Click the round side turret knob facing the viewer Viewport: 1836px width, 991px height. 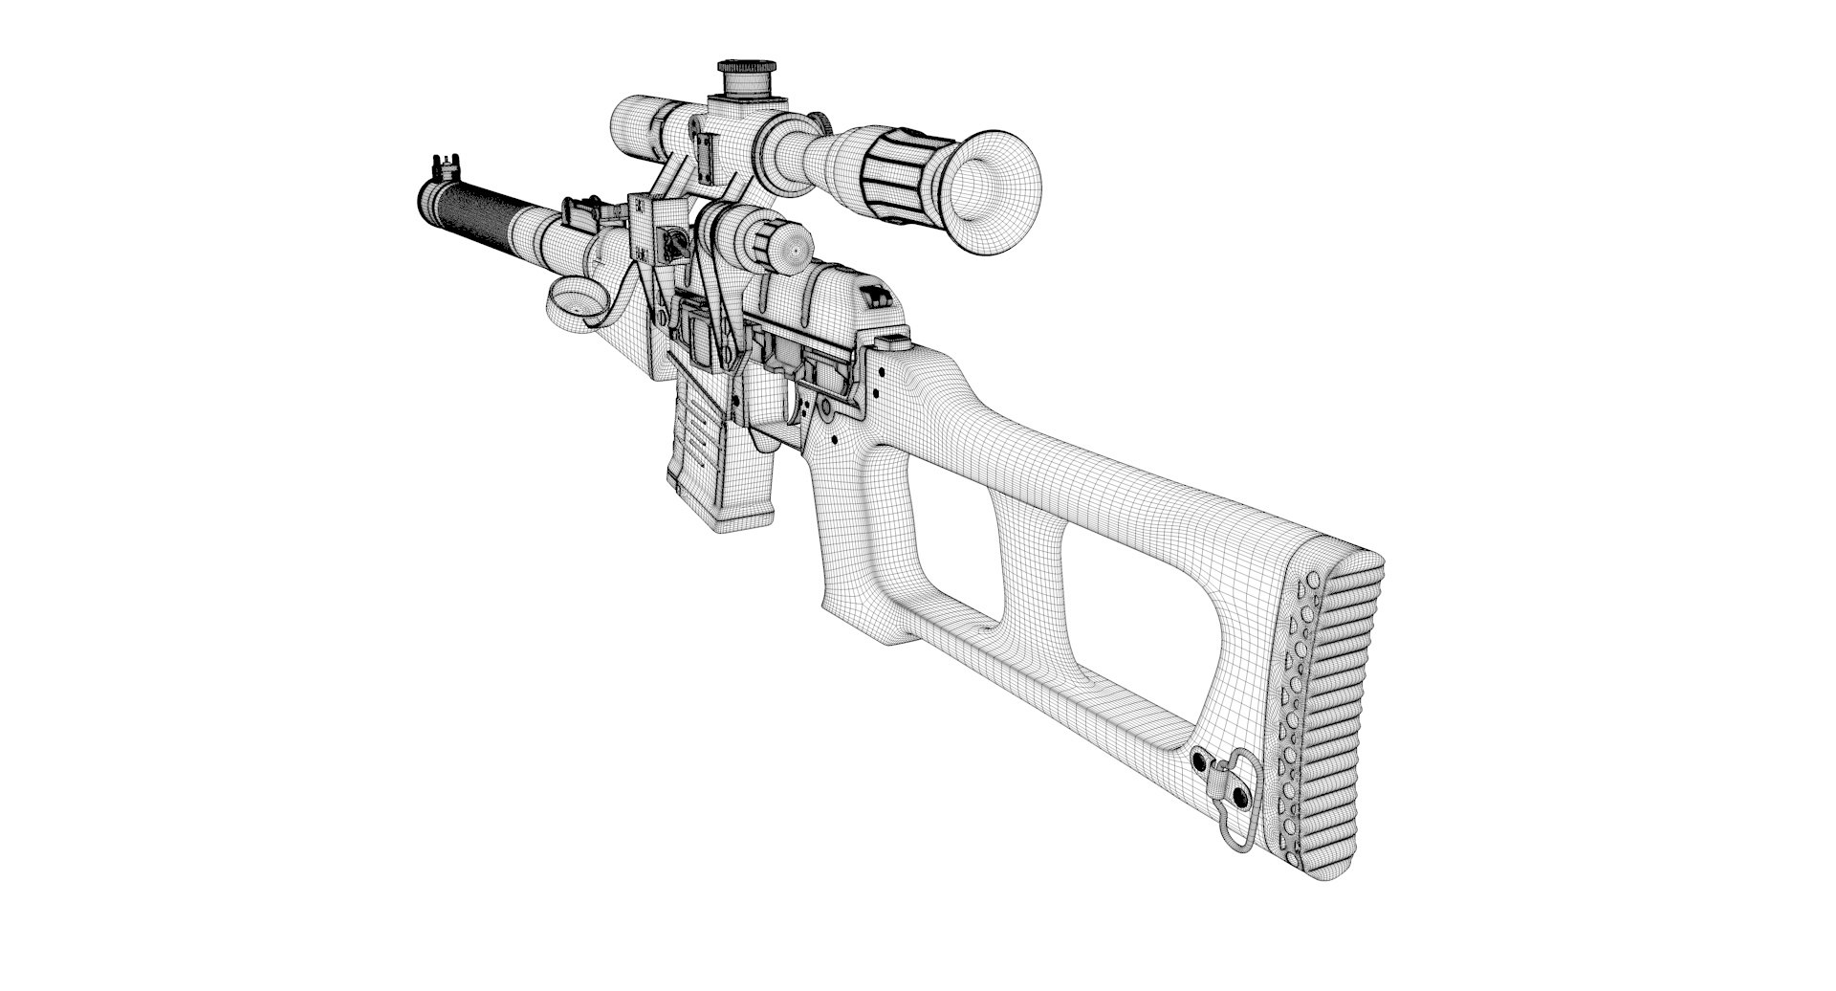[789, 248]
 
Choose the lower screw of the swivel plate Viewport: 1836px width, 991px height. [1241, 797]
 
